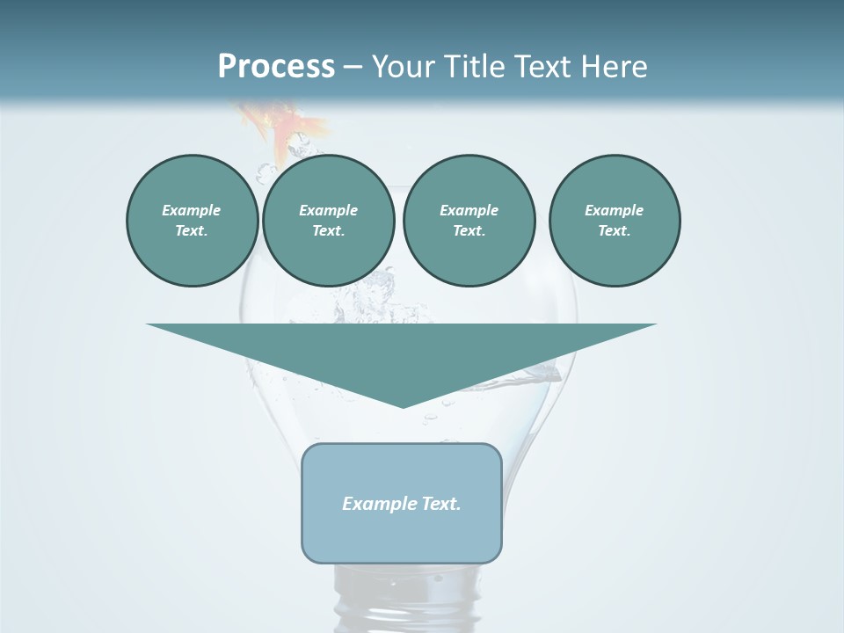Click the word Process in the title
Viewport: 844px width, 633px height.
point(276,67)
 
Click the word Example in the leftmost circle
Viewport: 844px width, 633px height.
point(191,210)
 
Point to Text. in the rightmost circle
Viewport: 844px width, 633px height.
point(614,231)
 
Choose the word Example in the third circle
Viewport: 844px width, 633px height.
point(469,210)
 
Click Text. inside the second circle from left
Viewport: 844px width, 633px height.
point(328,231)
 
